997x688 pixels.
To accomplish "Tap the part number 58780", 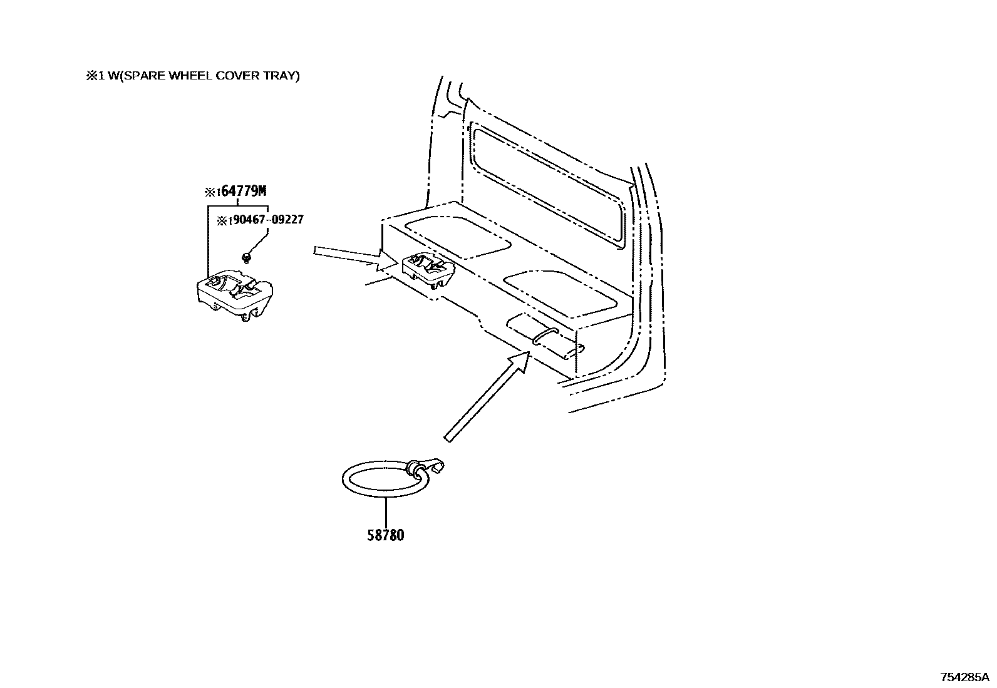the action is pyautogui.click(x=385, y=535).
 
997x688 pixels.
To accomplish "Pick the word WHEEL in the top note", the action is pyautogui.click(x=192, y=76).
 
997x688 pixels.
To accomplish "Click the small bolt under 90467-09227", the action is pyautogui.click(x=247, y=256).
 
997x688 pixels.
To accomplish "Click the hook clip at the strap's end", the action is pyautogui.click(x=432, y=468).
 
